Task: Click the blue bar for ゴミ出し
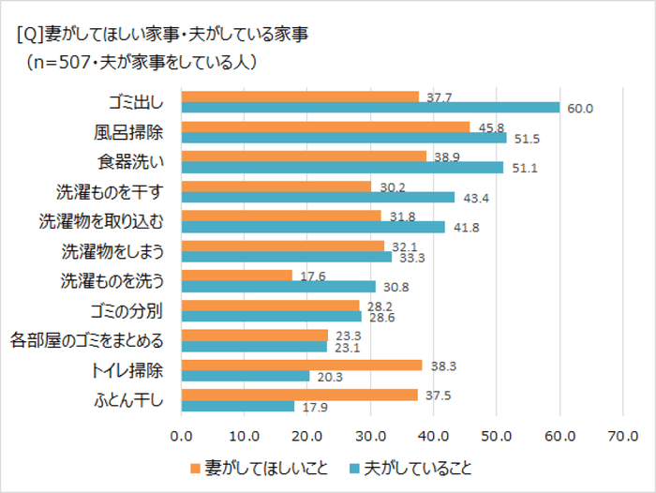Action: pyautogui.click(x=370, y=108)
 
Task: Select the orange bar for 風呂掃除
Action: pyautogui.click(x=325, y=127)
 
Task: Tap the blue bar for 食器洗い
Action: pyautogui.click(x=342, y=167)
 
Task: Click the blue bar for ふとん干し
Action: pyautogui.click(x=238, y=405)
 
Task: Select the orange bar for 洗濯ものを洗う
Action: pyautogui.click(x=237, y=276)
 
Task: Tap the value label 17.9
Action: pyautogui.click(x=314, y=406)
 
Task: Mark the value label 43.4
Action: pyautogui.click(x=475, y=198)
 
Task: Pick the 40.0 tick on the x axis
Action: pyautogui.click(x=433, y=435)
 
